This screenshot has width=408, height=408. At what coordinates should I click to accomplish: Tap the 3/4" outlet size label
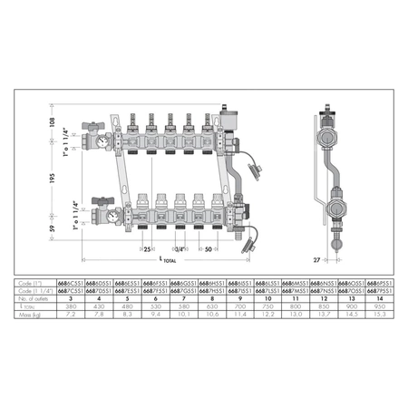tap(180, 248)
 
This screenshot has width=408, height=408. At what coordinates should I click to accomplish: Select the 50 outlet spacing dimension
tap(208, 248)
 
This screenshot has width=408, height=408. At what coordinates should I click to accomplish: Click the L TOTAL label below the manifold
tap(169, 261)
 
